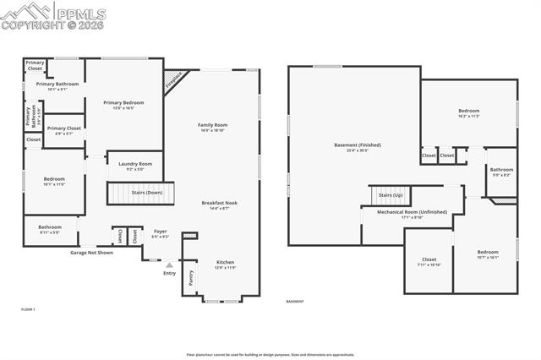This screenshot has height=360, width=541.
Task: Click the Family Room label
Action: coord(213,125)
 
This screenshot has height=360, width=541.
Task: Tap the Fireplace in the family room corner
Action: coord(173,81)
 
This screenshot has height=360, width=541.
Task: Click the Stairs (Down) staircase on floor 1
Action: coord(139,193)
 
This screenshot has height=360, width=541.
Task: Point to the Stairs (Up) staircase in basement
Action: coord(391,195)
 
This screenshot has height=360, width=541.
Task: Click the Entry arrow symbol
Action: coord(169,265)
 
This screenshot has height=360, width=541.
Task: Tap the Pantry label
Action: coord(191,276)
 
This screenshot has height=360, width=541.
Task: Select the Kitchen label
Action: coord(225,262)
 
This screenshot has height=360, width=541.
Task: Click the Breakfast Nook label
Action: coord(219,203)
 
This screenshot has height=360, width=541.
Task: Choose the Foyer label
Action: coord(160,232)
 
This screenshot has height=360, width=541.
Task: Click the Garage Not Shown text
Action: coord(91,252)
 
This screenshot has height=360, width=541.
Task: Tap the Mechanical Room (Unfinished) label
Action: coord(413,212)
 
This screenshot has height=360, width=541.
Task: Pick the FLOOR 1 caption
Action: coord(29,309)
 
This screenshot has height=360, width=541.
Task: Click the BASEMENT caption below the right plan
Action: coord(295,302)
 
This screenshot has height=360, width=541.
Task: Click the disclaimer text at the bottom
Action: coord(270,355)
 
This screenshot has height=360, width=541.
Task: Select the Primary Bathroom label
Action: coord(57,84)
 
